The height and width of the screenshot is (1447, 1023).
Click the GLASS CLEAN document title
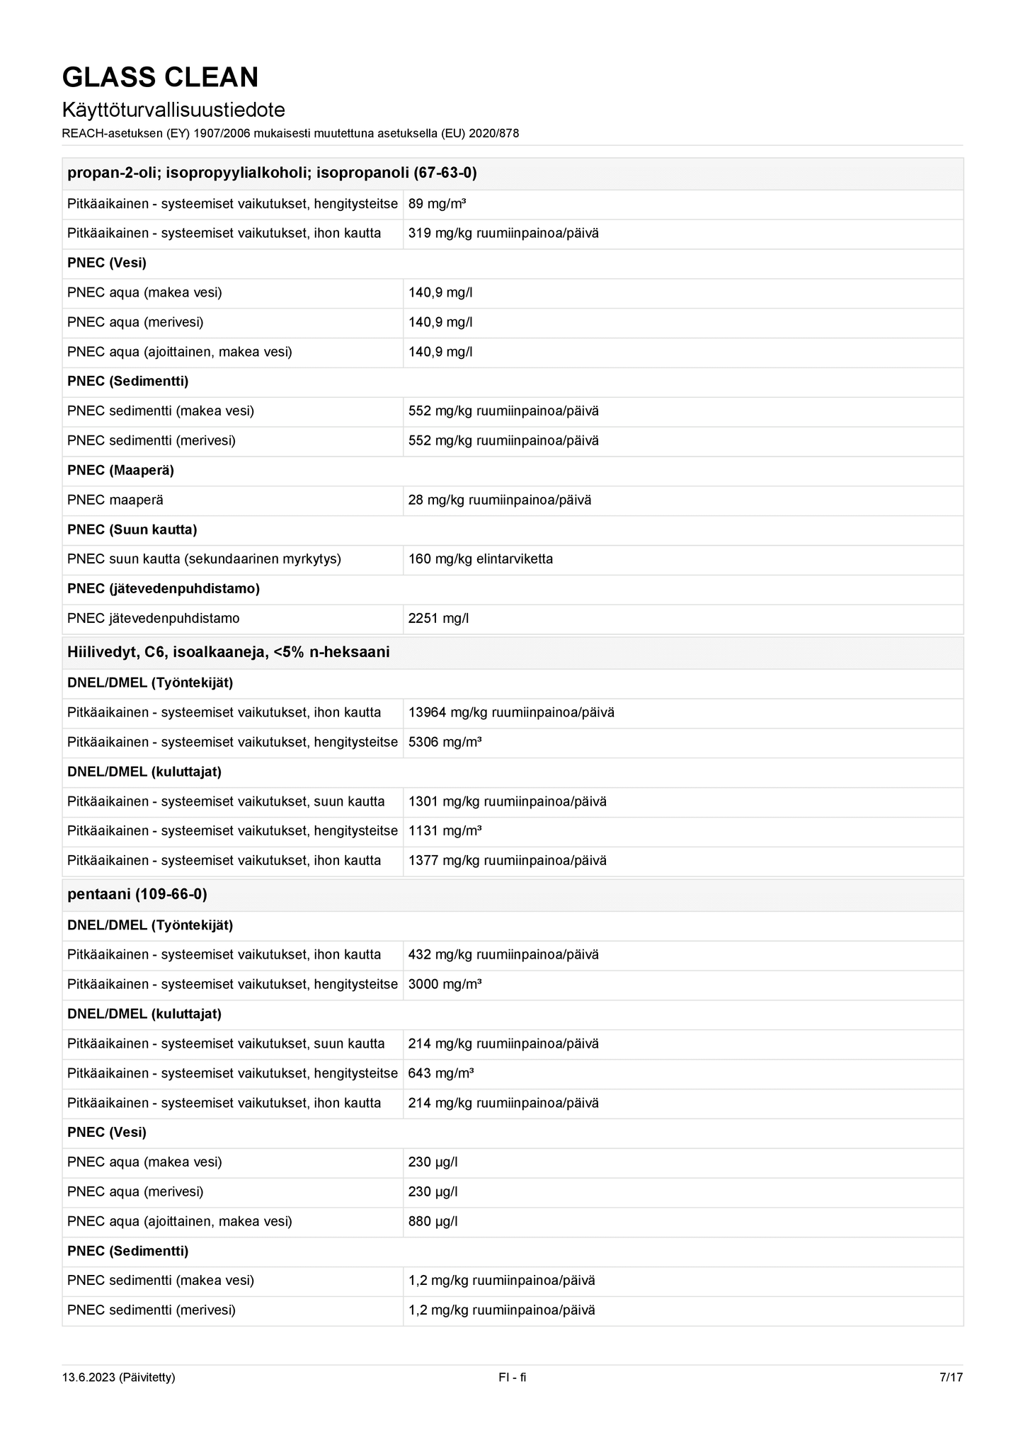[x=160, y=77]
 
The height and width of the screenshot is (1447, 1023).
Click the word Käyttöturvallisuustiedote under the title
[x=173, y=110]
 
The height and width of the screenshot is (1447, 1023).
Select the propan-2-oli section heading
[x=272, y=173]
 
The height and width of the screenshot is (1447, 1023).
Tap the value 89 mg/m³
[x=437, y=204]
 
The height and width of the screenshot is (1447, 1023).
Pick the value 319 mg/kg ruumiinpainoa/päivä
[x=503, y=233]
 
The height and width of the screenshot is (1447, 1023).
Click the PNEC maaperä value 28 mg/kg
[x=499, y=500]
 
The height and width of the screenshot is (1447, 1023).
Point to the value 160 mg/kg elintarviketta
[x=480, y=559]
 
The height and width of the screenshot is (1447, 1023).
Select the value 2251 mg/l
[x=438, y=618]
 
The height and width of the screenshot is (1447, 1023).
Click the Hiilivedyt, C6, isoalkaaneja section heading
[x=228, y=652]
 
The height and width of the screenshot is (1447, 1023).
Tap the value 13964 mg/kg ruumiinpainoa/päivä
[x=511, y=712]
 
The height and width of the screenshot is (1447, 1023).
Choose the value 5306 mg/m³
[x=445, y=742]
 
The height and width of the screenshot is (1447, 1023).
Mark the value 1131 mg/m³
[x=445, y=830]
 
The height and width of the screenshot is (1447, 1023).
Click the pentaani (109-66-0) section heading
[x=137, y=894]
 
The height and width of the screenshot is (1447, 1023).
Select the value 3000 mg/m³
[x=445, y=984]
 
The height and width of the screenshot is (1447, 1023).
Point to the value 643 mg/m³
[x=440, y=1073]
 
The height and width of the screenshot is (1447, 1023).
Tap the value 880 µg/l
[x=433, y=1221]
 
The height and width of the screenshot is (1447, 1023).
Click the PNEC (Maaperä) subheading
[x=120, y=470]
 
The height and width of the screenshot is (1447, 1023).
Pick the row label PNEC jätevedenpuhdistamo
[x=153, y=618]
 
